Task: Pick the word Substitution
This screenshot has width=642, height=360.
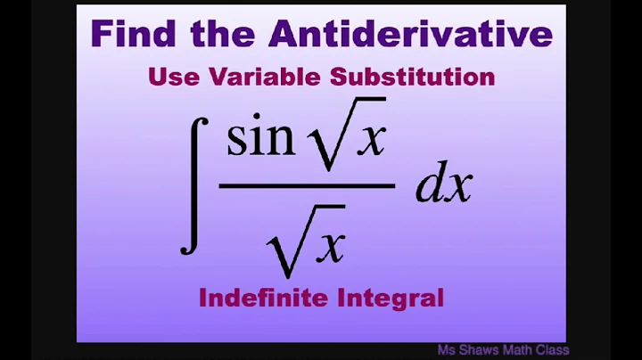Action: coord(413,77)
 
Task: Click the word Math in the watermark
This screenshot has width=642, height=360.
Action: coord(530,350)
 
